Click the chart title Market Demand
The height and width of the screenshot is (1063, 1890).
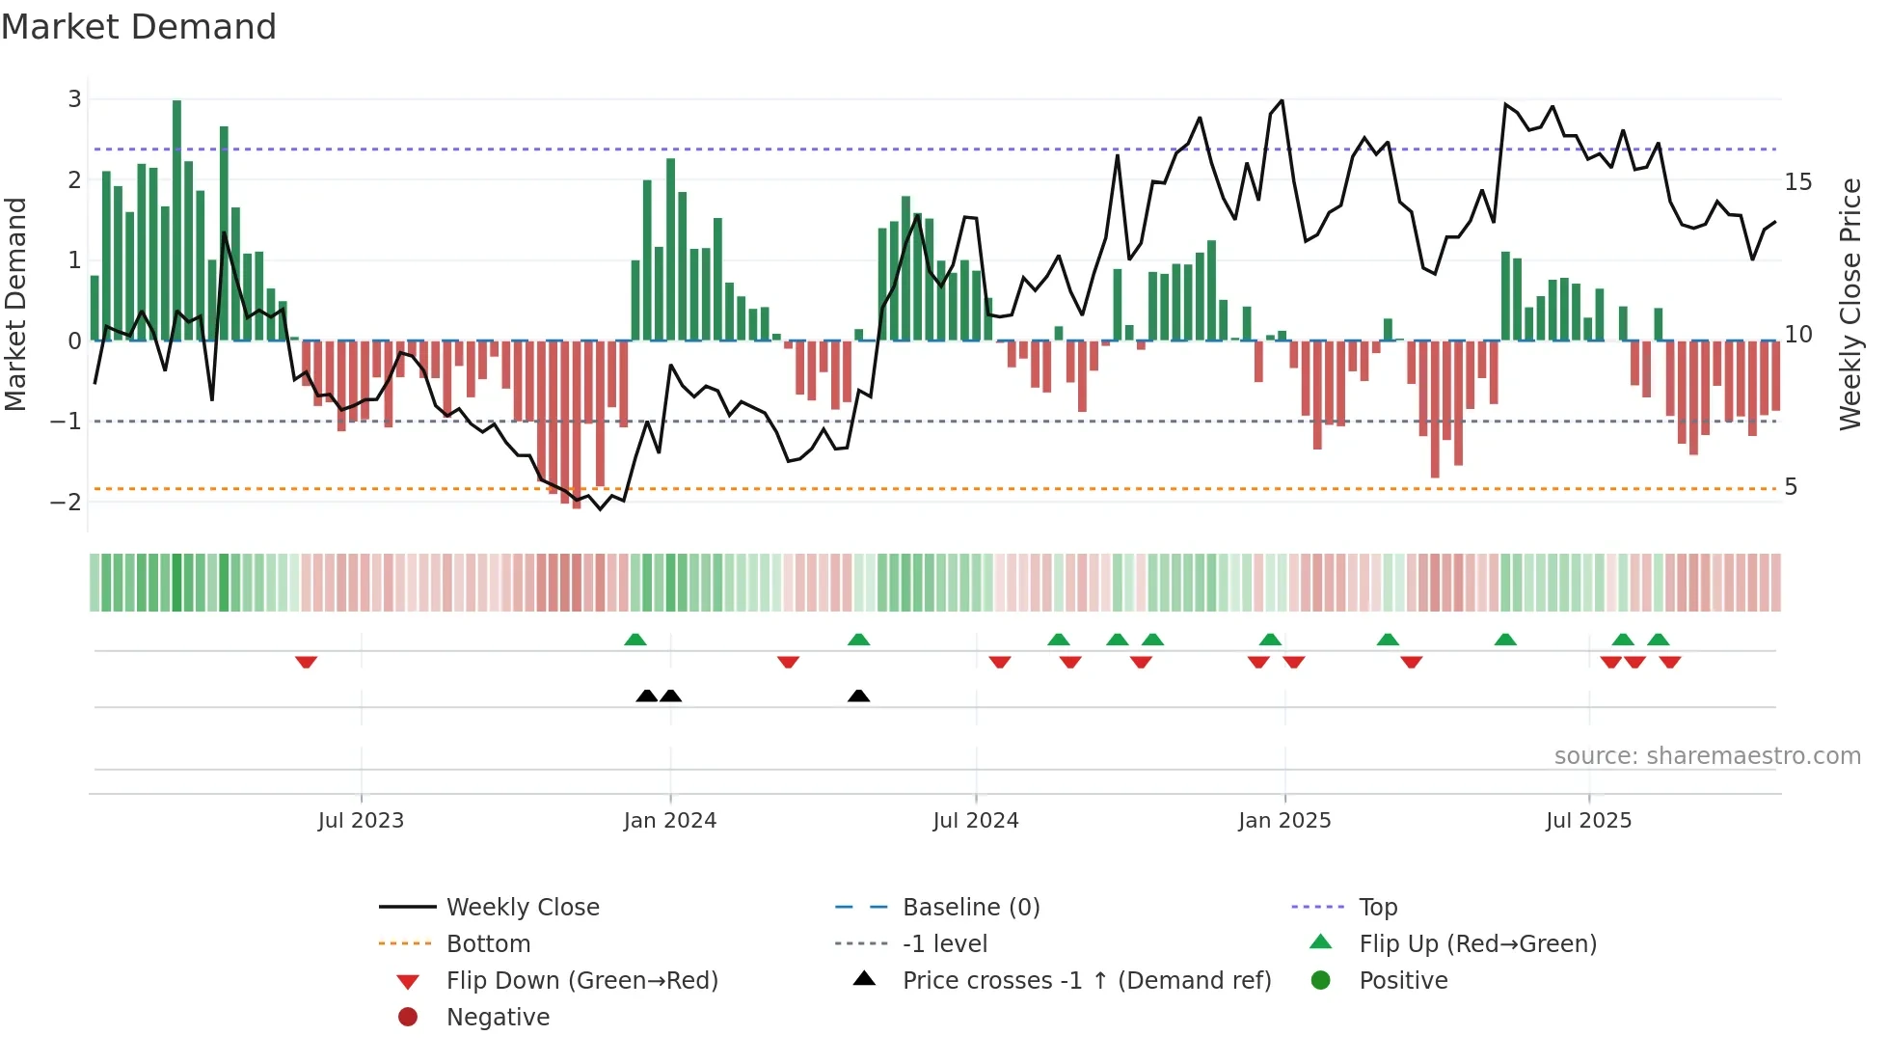coord(139,26)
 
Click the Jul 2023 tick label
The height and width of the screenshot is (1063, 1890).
coord(361,820)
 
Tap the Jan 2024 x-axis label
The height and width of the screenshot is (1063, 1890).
coord(669,820)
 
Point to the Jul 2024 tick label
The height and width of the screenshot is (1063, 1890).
coord(975,820)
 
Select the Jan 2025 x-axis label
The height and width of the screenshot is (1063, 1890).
coord(1283,820)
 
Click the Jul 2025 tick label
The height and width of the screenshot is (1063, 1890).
coord(1588,820)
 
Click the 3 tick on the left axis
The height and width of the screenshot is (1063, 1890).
coord(74,98)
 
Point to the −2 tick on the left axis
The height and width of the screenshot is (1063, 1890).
coord(67,502)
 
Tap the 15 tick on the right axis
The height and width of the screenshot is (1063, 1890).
coord(1797,181)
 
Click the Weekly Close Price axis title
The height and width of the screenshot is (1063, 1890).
coord(1849,304)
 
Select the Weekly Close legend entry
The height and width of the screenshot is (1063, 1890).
coord(522,907)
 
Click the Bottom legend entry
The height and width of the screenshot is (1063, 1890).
coord(488,943)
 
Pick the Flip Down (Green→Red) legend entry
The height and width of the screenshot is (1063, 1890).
coord(581,980)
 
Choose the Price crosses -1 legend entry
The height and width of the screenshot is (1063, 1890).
coord(1086,980)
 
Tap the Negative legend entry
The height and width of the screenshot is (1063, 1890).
coord(498,1017)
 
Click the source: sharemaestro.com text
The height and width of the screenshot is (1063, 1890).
coord(1707,755)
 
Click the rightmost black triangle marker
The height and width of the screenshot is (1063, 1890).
coord(858,695)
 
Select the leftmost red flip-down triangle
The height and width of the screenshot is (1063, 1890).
coord(306,662)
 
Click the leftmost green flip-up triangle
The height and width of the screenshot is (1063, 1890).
coord(634,640)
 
